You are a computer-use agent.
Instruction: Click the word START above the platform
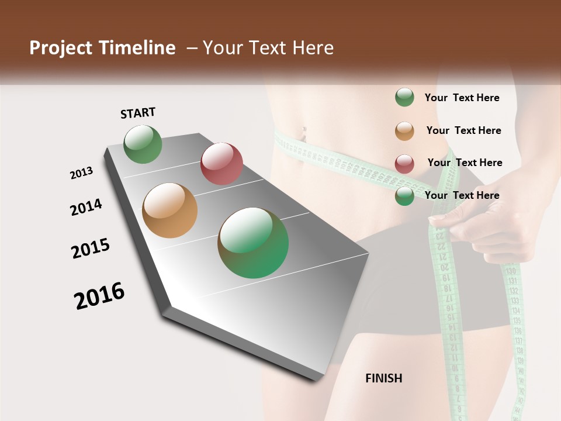click(x=138, y=113)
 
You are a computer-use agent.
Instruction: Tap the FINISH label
click(x=384, y=378)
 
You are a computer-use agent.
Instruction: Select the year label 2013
click(x=81, y=173)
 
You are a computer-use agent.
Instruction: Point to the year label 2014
click(x=86, y=207)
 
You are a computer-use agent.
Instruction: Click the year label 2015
click(x=91, y=248)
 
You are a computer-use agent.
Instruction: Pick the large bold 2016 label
click(x=99, y=296)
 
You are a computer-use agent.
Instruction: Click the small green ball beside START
click(x=143, y=144)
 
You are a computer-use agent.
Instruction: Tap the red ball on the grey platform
click(x=221, y=163)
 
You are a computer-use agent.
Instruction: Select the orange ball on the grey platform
click(x=169, y=210)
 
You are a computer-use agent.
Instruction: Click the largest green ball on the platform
click(x=253, y=243)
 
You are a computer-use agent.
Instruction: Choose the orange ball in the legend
click(x=404, y=131)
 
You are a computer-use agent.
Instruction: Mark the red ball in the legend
click(x=404, y=164)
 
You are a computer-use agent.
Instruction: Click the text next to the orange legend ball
click(x=463, y=130)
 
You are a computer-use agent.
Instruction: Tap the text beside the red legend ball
click(x=465, y=163)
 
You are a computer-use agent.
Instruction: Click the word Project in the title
click(x=61, y=48)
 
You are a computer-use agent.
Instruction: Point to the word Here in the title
click(x=313, y=48)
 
